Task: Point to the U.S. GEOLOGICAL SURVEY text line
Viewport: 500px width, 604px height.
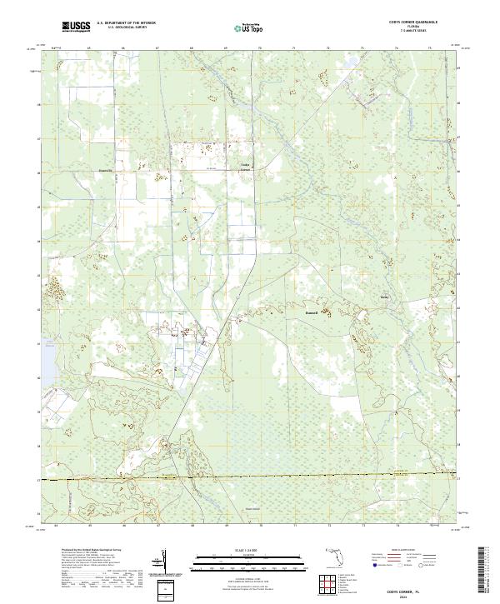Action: (125, 27)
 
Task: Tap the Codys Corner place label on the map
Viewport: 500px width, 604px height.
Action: (246, 167)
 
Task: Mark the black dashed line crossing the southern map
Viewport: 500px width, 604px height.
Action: (250, 477)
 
